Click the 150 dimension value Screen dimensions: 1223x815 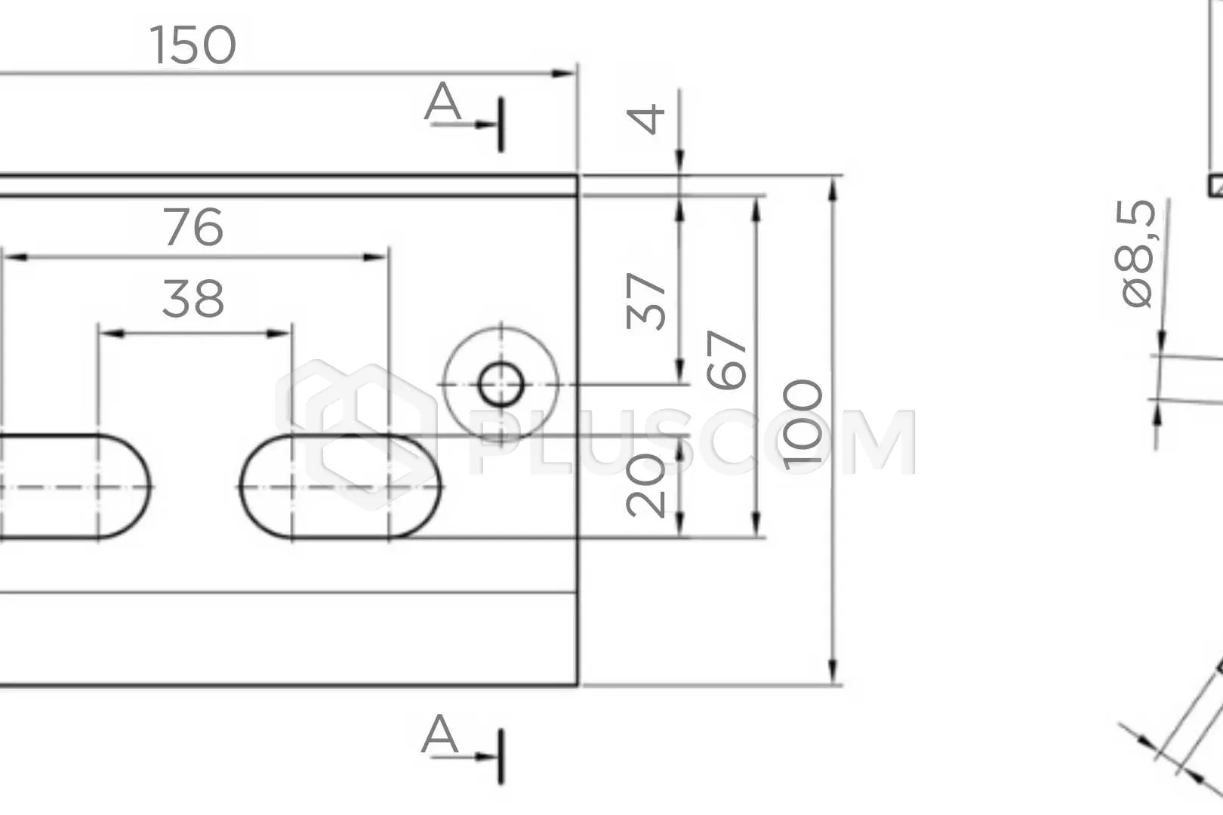(x=193, y=45)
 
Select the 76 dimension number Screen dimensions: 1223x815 (x=193, y=226)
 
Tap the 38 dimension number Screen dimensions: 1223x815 (x=193, y=299)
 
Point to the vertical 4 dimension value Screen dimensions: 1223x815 (x=645, y=119)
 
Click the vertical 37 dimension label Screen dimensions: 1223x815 (x=645, y=301)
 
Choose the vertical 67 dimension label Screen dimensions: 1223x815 (x=726, y=359)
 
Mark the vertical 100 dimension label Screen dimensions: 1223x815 (x=802, y=425)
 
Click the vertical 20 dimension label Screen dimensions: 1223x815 (x=645, y=485)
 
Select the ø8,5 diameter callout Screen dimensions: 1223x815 (x=1135, y=254)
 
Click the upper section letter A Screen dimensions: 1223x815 (x=442, y=102)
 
